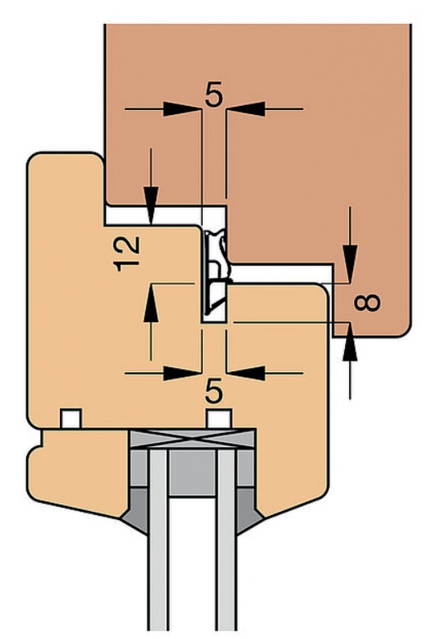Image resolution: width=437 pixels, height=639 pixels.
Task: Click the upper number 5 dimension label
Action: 214,95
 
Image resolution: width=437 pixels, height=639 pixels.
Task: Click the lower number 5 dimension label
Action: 214,391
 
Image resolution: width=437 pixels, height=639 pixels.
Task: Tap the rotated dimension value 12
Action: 127,254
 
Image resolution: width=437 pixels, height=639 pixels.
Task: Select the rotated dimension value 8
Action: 367,303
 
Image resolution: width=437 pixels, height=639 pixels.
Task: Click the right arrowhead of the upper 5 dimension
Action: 246,109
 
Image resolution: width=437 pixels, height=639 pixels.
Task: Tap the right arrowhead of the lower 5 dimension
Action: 246,373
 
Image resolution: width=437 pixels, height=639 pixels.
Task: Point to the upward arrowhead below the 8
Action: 350,342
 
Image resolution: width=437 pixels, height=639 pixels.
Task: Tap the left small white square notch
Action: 71,419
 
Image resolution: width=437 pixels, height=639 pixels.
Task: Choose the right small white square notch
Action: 219,419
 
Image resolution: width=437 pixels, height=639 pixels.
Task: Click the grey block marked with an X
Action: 192,439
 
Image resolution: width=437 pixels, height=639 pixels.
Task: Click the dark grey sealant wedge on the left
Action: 136,512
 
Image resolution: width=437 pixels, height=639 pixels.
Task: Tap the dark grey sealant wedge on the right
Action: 250,512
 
